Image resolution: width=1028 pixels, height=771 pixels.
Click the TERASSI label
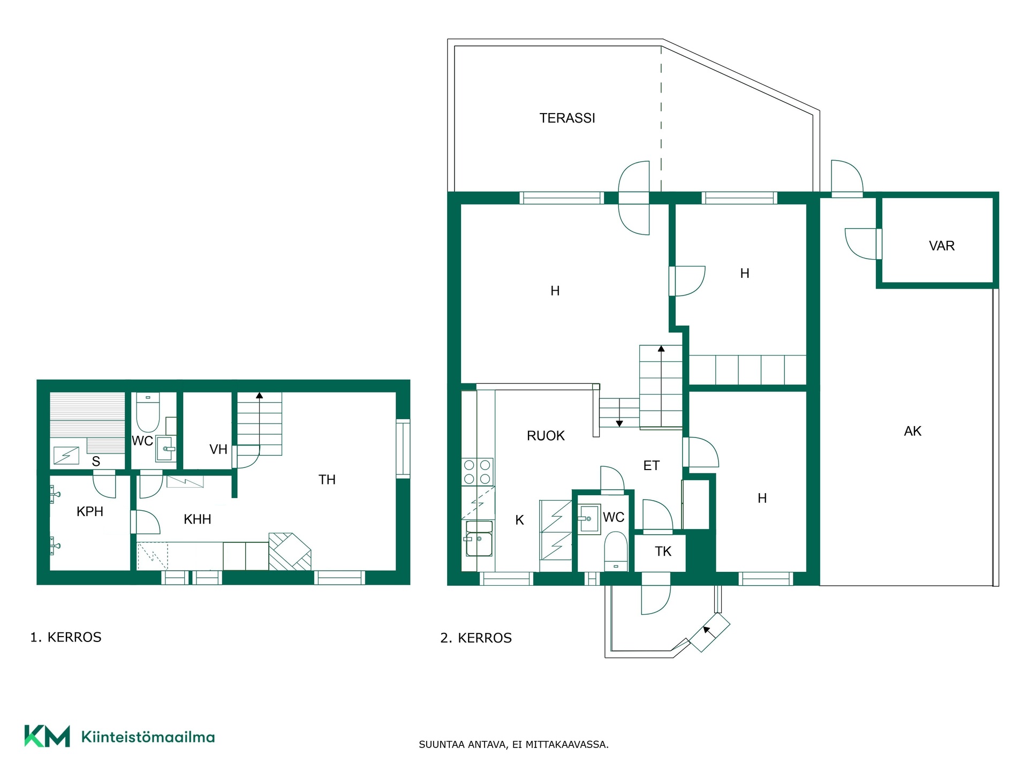567,118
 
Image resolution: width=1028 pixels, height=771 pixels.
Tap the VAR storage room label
942,246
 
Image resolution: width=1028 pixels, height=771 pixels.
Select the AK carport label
913,431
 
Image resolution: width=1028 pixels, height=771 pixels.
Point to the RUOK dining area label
546,436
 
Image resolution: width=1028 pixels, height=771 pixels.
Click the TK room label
663,551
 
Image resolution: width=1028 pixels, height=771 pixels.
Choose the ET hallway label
651,466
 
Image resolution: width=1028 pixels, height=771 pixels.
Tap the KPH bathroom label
90,511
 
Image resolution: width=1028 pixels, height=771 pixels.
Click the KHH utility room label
197,519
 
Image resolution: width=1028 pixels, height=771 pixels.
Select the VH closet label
218,449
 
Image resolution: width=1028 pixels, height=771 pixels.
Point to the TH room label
327,480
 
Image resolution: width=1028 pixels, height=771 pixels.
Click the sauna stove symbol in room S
66,456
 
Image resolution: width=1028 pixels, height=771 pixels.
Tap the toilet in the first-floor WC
148,412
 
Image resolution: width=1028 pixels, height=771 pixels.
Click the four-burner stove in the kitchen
478,472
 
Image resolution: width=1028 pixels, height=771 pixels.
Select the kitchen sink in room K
478,539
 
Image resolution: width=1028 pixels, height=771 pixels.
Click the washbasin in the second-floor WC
589,519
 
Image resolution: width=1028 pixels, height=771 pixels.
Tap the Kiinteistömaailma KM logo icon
47,736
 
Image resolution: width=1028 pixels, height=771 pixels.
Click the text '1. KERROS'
66,637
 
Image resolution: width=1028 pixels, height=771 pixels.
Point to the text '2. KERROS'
476,638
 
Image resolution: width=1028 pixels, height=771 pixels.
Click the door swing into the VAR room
862,244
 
